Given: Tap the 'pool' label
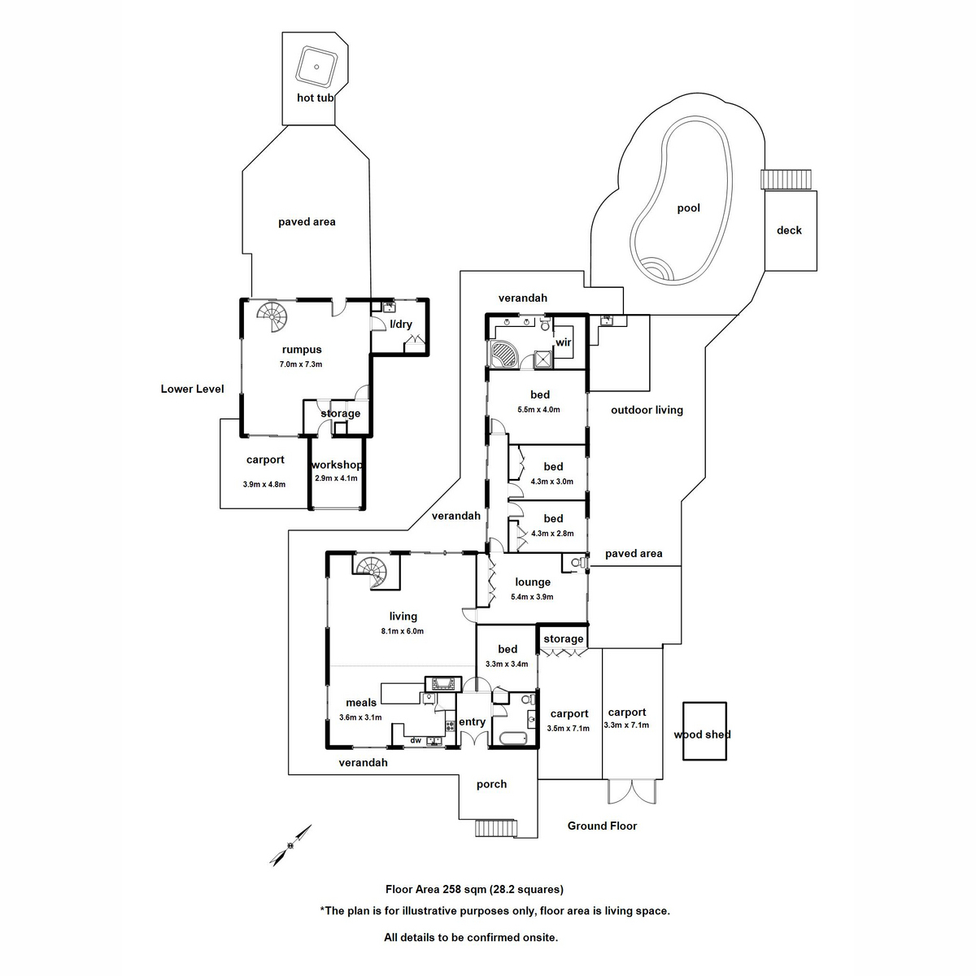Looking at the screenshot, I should coord(688,208).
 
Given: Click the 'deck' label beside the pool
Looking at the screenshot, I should coord(788,230).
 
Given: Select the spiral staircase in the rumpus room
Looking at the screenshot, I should coord(273,317).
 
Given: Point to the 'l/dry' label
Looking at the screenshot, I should coord(400,324).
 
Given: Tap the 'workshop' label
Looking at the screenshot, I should coord(336,465).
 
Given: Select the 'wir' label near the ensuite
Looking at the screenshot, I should coord(564,342).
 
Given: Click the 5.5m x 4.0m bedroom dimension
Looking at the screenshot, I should coord(539,410).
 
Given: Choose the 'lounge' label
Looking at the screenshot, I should coord(533,582).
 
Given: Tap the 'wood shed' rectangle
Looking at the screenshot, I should coord(704,732).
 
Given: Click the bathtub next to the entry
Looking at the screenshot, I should coord(514,739).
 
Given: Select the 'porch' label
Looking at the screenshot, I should coord(491,784).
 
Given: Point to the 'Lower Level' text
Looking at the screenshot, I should coord(192,389).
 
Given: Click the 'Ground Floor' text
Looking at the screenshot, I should coord(602,826).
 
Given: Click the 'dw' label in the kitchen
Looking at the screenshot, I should coord(416,740).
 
